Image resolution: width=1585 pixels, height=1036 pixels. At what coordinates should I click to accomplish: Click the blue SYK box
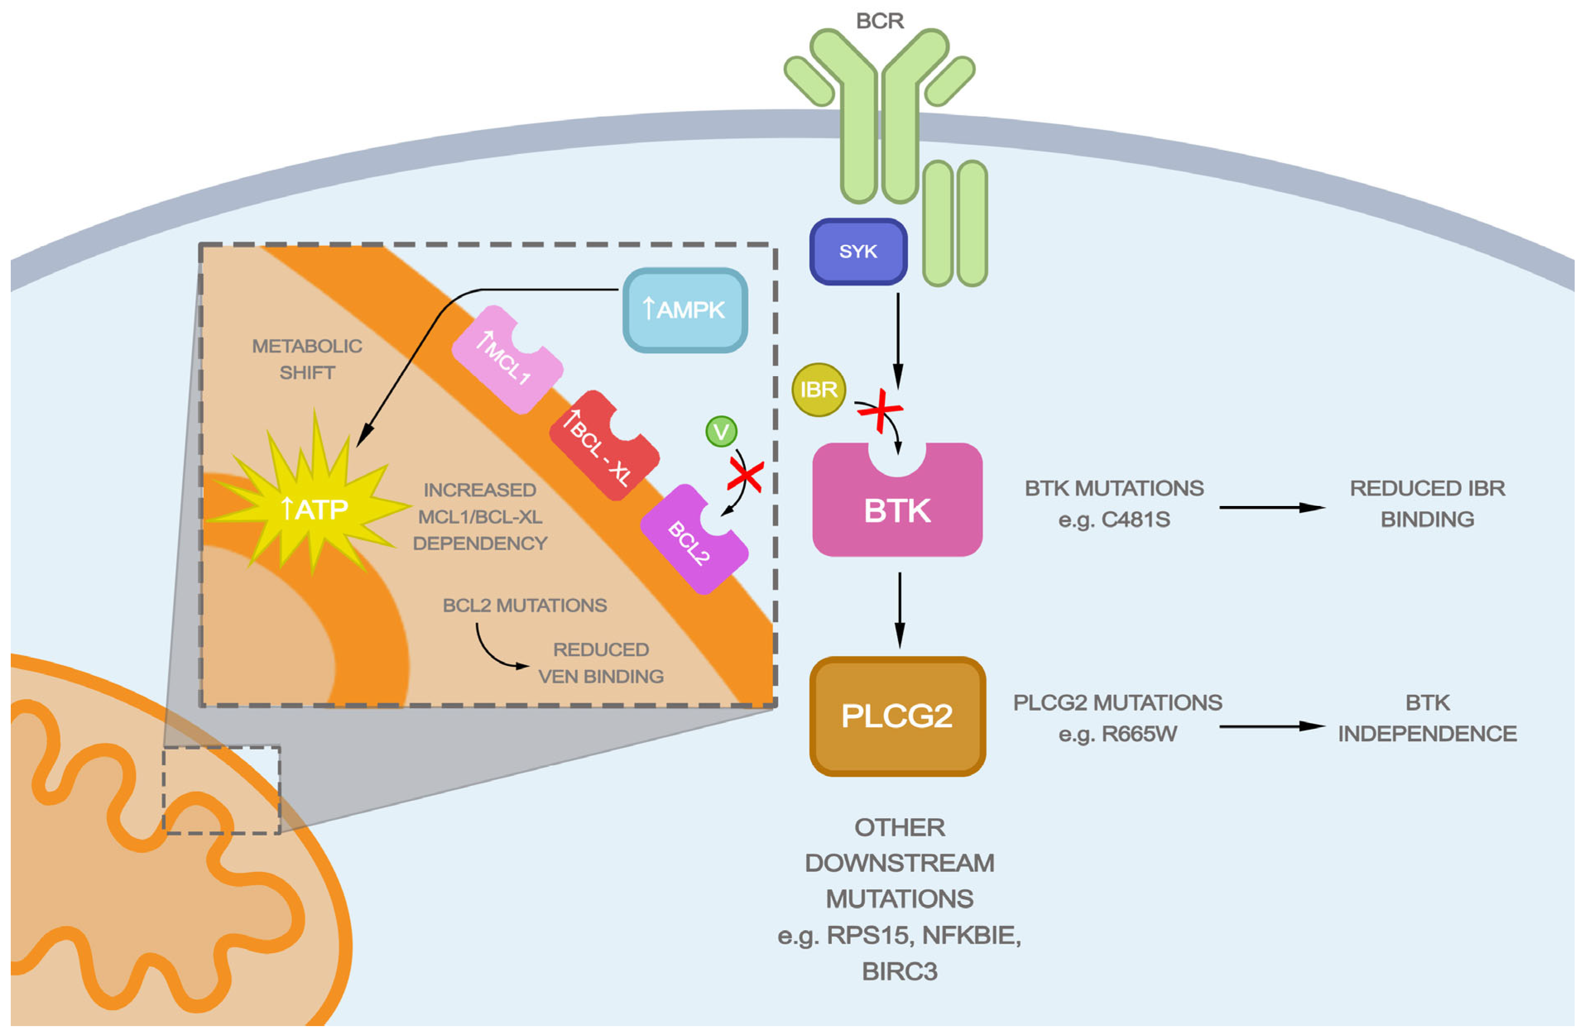[858, 252]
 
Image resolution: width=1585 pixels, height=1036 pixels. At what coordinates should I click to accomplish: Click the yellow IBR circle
[819, 389]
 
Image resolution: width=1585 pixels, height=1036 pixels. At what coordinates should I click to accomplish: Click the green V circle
[721, 432]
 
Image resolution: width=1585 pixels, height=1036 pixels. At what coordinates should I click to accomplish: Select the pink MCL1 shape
[506, 360]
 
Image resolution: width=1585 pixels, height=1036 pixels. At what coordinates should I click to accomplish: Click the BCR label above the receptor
[880, 21]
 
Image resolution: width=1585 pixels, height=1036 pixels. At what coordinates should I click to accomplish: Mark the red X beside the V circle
[745, 477]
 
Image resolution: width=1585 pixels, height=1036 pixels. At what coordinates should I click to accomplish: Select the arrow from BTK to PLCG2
[900, 609]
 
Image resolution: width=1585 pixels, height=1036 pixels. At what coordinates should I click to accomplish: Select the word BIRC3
[900, 972]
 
